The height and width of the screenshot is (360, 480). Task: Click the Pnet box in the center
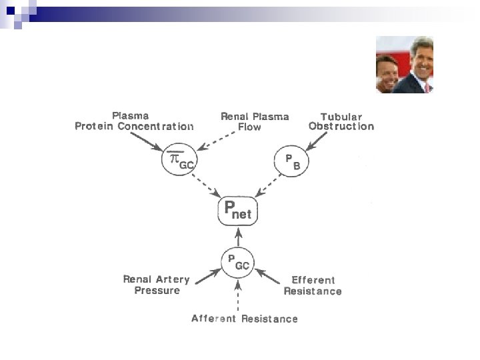(x=238, y=211)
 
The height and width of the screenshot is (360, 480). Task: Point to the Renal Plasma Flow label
(x=255, y=121)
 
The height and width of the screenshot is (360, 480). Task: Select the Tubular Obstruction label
(x=341, y=121)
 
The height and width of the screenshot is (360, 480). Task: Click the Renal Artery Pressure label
(x=157, y=285)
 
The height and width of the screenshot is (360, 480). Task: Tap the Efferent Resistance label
(x=313, y=285)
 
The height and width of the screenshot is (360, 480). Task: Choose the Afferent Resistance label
(x=245, y=319)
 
